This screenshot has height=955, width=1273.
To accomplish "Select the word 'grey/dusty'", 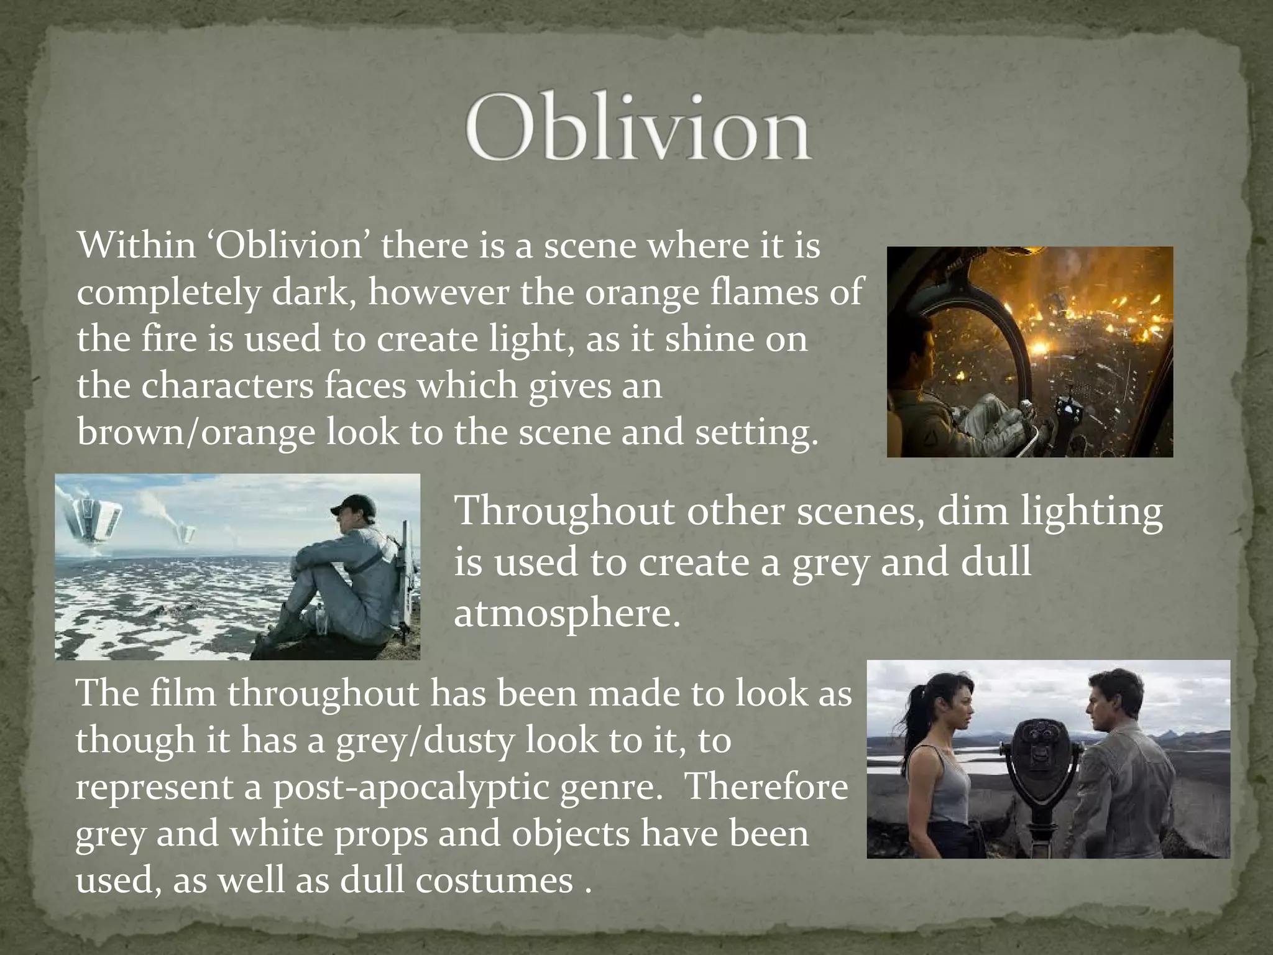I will [x=425, y=740].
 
